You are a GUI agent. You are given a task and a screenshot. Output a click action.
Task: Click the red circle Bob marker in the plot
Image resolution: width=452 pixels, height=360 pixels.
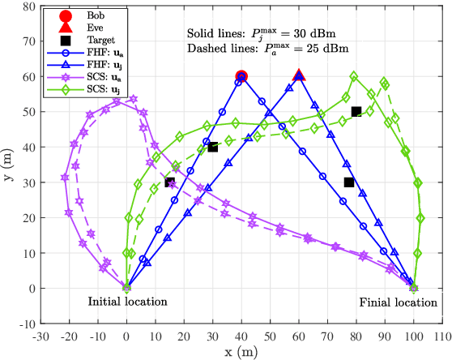tap(241, 76)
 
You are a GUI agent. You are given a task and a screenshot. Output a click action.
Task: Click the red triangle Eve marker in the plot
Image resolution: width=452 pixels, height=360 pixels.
tap(299, 75)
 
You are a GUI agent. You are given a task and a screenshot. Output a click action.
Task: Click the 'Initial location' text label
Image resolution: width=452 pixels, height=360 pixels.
tap(127, 302)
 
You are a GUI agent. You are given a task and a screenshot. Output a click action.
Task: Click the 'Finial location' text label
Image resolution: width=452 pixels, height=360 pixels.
tap(399, 302)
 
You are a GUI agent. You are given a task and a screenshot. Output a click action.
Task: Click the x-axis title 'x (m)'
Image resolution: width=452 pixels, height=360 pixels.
tap(241, 351)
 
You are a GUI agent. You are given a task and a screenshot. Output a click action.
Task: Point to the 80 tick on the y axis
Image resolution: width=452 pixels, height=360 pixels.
tap(28, 6)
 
